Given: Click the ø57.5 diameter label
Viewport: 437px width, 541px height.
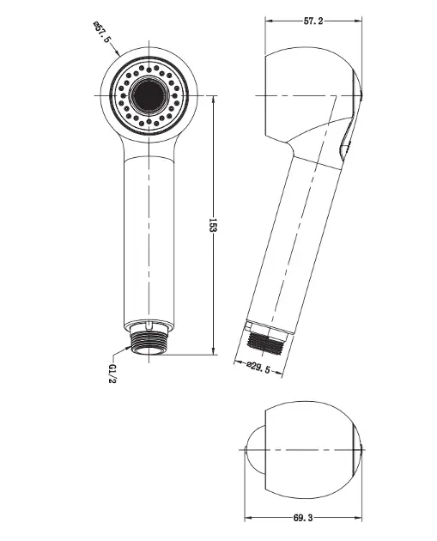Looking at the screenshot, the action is [x=102, y=32].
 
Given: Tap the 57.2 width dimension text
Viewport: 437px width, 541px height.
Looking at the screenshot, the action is [x=313, y=21].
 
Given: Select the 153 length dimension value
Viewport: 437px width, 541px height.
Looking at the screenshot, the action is [x=213, y=225].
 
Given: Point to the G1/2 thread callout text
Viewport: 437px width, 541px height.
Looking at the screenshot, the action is [x=112, y=374].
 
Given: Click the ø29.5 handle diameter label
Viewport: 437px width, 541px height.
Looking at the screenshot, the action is [x=258, y=368].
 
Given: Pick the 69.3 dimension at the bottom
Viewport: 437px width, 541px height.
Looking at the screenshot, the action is [x=303, y=518].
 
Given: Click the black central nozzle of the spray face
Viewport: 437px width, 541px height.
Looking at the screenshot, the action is [x=149, y=94].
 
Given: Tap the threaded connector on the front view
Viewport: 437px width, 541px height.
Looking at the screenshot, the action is [x=149, y=343].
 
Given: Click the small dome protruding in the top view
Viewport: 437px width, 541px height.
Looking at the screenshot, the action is [x=255, y=450].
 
